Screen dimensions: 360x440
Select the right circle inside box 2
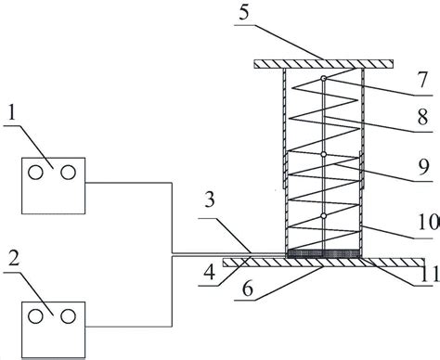coord(67,317)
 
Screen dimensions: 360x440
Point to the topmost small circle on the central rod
coord(323,78)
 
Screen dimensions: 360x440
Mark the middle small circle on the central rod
coord(323,154)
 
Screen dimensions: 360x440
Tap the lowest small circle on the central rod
coord(323,216)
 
